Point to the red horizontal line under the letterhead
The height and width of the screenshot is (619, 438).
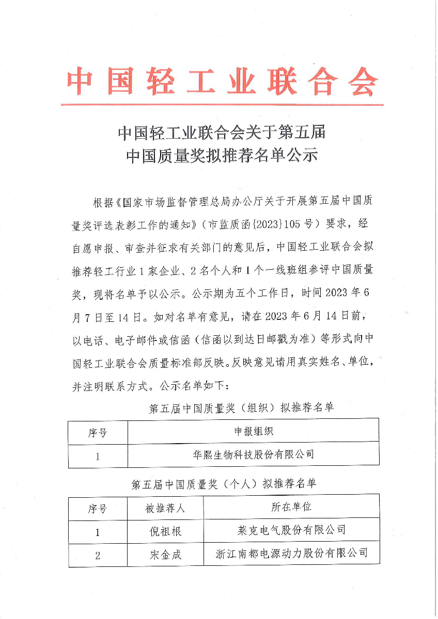222,105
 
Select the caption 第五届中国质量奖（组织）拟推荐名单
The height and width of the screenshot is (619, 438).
241,409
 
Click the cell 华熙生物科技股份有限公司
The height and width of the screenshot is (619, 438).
253,455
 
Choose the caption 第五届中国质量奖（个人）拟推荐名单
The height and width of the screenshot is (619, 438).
224,484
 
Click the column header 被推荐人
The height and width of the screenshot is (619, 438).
165,508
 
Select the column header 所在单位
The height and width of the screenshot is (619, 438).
291,507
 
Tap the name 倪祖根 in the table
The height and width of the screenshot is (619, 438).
165,531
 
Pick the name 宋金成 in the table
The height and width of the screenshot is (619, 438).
165,555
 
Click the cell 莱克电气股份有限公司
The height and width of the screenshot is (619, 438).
291,530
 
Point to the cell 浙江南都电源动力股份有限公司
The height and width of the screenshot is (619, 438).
291,554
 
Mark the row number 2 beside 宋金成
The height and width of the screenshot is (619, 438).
98,556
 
